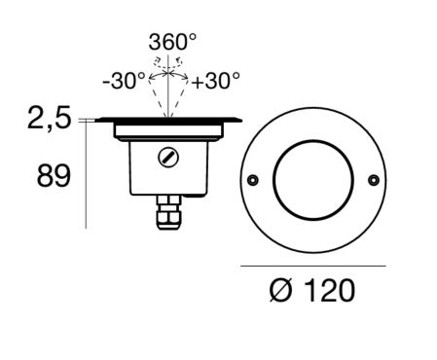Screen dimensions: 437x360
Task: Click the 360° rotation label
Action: [x=172, y=42]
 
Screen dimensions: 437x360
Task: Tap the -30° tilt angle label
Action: [x=124, y=81]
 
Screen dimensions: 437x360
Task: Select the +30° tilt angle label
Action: [x=216, y=81]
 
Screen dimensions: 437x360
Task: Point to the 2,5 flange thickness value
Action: [x=49, y=119]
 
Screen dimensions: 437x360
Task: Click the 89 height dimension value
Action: [x=54, y=176]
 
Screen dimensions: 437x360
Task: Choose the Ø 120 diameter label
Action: [x=312, y=290]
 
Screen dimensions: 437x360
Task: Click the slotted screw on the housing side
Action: [x=168, y=158]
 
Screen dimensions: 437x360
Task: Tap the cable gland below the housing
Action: [x=168, y=212]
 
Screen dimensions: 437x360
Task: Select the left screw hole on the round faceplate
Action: [x=253, y=180]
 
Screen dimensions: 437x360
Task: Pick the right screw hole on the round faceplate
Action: [x=374, y=180]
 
